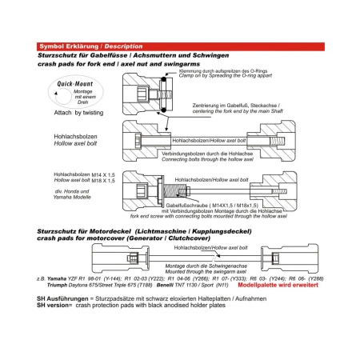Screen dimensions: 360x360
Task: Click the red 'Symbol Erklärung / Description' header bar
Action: [179, 46]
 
